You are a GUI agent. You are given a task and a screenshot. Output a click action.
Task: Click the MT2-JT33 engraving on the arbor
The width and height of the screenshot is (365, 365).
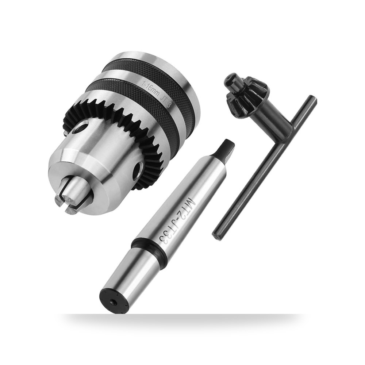pos(177,220)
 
